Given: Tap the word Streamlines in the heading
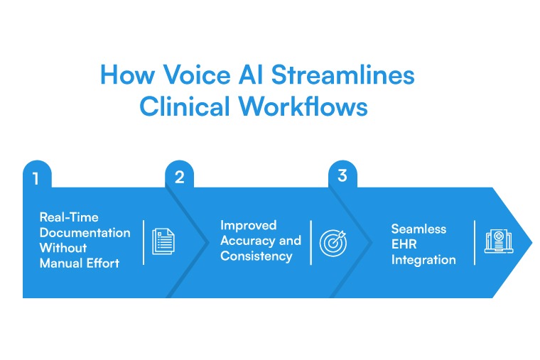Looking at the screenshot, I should pos(343,76).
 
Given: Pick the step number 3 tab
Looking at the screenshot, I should pos(342,175).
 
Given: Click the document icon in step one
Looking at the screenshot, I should pos(163,242).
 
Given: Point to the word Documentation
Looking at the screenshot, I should pos(85,233).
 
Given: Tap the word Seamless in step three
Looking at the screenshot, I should pos(418,229).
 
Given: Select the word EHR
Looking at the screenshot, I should pos(404,245).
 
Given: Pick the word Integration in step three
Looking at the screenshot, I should pos(423,260).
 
